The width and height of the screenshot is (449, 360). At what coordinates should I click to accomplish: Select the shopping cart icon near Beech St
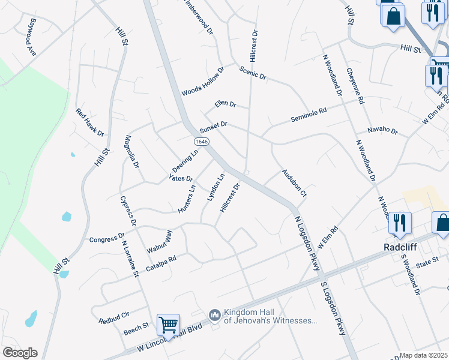(169, 325)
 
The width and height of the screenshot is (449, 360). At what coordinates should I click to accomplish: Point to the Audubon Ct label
(295, 183)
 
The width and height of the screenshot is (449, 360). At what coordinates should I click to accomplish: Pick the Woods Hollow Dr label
(203, 82)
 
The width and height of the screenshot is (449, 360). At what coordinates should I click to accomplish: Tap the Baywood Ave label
(29, 37)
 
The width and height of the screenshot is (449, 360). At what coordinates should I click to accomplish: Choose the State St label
(428, 262)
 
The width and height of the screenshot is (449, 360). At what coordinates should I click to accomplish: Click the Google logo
(20, 352)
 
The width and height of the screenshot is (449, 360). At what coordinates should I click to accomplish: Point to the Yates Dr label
(181, 178)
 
